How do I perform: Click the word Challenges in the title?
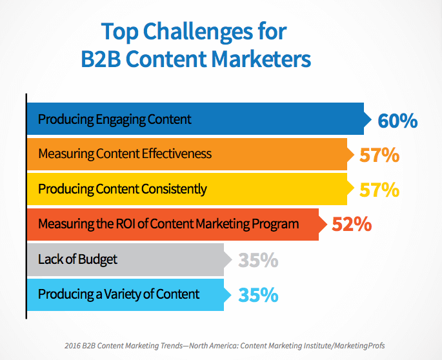[198, 32]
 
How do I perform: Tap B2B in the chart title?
[101, 59]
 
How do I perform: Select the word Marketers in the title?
[261, 59]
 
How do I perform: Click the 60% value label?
[397, 121]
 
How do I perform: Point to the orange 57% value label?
[379, 155]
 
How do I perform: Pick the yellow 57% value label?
[379, 190]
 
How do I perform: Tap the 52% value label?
[352, 225]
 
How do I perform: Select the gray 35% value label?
[258, 260]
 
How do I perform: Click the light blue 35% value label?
[258, 295]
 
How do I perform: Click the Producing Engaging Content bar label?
[115, 119]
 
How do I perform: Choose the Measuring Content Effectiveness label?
[125, 154]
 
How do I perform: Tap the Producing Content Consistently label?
[123, 189]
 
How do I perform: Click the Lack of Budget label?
[78, 259]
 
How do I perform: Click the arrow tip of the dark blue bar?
[371, 119]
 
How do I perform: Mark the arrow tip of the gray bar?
[232, 259]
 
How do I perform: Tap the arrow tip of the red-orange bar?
[326, 225]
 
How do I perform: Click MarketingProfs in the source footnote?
[359, 346]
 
